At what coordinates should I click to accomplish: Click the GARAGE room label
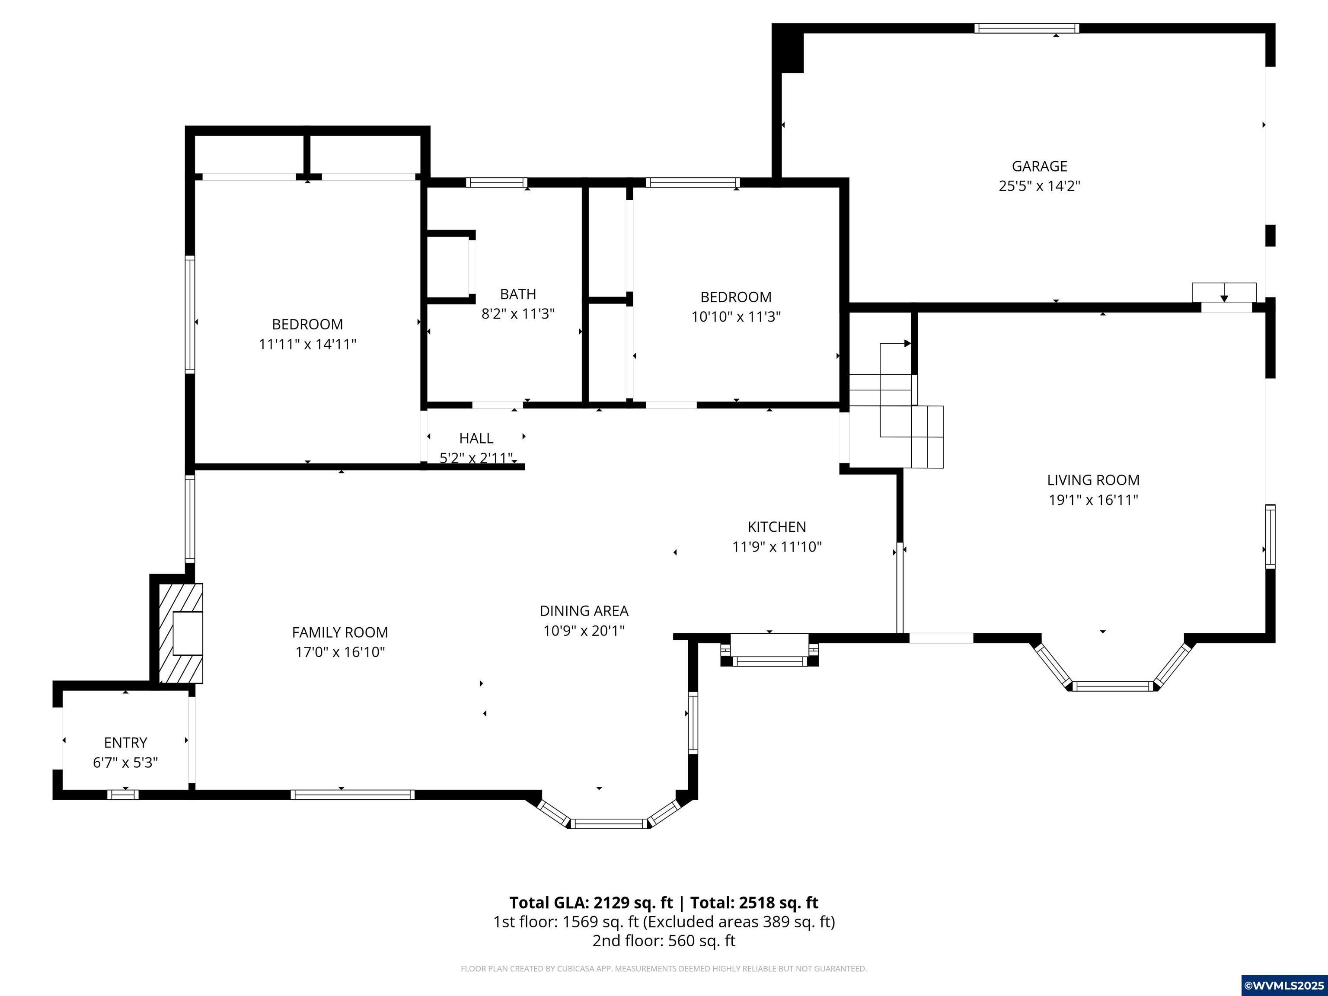[1039, 166]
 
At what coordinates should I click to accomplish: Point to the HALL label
[476, 438]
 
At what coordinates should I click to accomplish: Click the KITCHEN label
[777, 527]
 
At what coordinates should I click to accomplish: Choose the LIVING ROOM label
[1093, 480]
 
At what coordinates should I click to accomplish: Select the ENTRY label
[125, 743]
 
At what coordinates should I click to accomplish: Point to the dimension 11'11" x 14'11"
[307, 345]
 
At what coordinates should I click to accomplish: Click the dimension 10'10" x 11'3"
[736, 317]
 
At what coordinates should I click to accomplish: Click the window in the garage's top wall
[1027, 28]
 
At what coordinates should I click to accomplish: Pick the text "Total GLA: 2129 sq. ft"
[591, 903]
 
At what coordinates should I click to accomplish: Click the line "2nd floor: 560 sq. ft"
[664, 941]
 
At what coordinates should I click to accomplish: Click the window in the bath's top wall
[497, 182]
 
